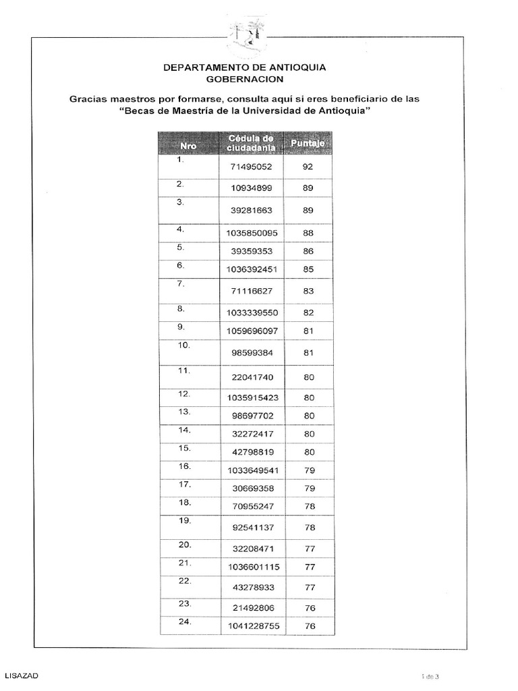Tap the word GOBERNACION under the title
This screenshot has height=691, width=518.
tap(245, 79)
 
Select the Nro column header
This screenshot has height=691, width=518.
tap(188, 144)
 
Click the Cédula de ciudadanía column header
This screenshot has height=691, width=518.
tap(251, 143)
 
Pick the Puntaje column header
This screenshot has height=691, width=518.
tap(308, 144)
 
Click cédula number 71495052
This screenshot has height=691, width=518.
tap(251, 166)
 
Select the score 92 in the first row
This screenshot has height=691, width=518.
tap(308, 166)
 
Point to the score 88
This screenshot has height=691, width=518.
tap(308, 233)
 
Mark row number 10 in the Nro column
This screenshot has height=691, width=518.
tap(184, 345)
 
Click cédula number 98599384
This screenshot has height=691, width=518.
tap(251, 352)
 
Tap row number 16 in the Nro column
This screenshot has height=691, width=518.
tap(184, 466)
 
